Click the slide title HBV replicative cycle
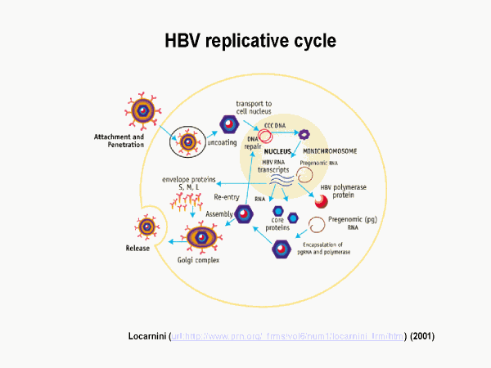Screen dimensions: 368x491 point(245,41)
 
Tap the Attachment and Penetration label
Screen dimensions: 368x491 point(119,140)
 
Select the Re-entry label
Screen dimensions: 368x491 point(227,196)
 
